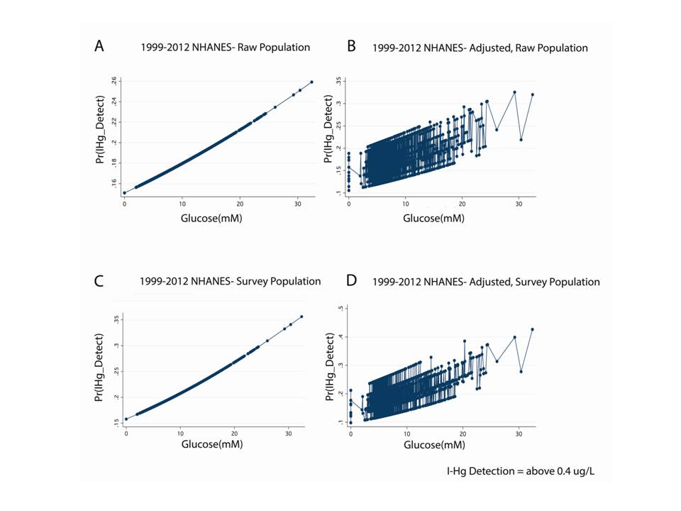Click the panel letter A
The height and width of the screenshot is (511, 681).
100,47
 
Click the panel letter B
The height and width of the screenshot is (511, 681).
350,47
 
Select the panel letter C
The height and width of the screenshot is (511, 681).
100,280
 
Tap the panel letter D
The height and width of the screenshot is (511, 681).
350,280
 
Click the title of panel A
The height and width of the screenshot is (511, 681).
224,48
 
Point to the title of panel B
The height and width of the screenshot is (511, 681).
482,48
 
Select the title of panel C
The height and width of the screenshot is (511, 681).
230,281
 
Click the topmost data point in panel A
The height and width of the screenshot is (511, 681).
311,82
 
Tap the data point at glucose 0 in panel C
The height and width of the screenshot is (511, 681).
126,419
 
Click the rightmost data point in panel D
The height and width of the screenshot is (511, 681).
532,329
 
